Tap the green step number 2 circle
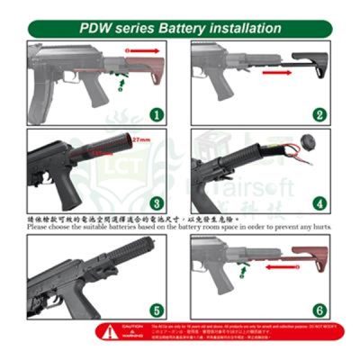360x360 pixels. coord(319,115)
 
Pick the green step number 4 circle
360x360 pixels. coord(319,203)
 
